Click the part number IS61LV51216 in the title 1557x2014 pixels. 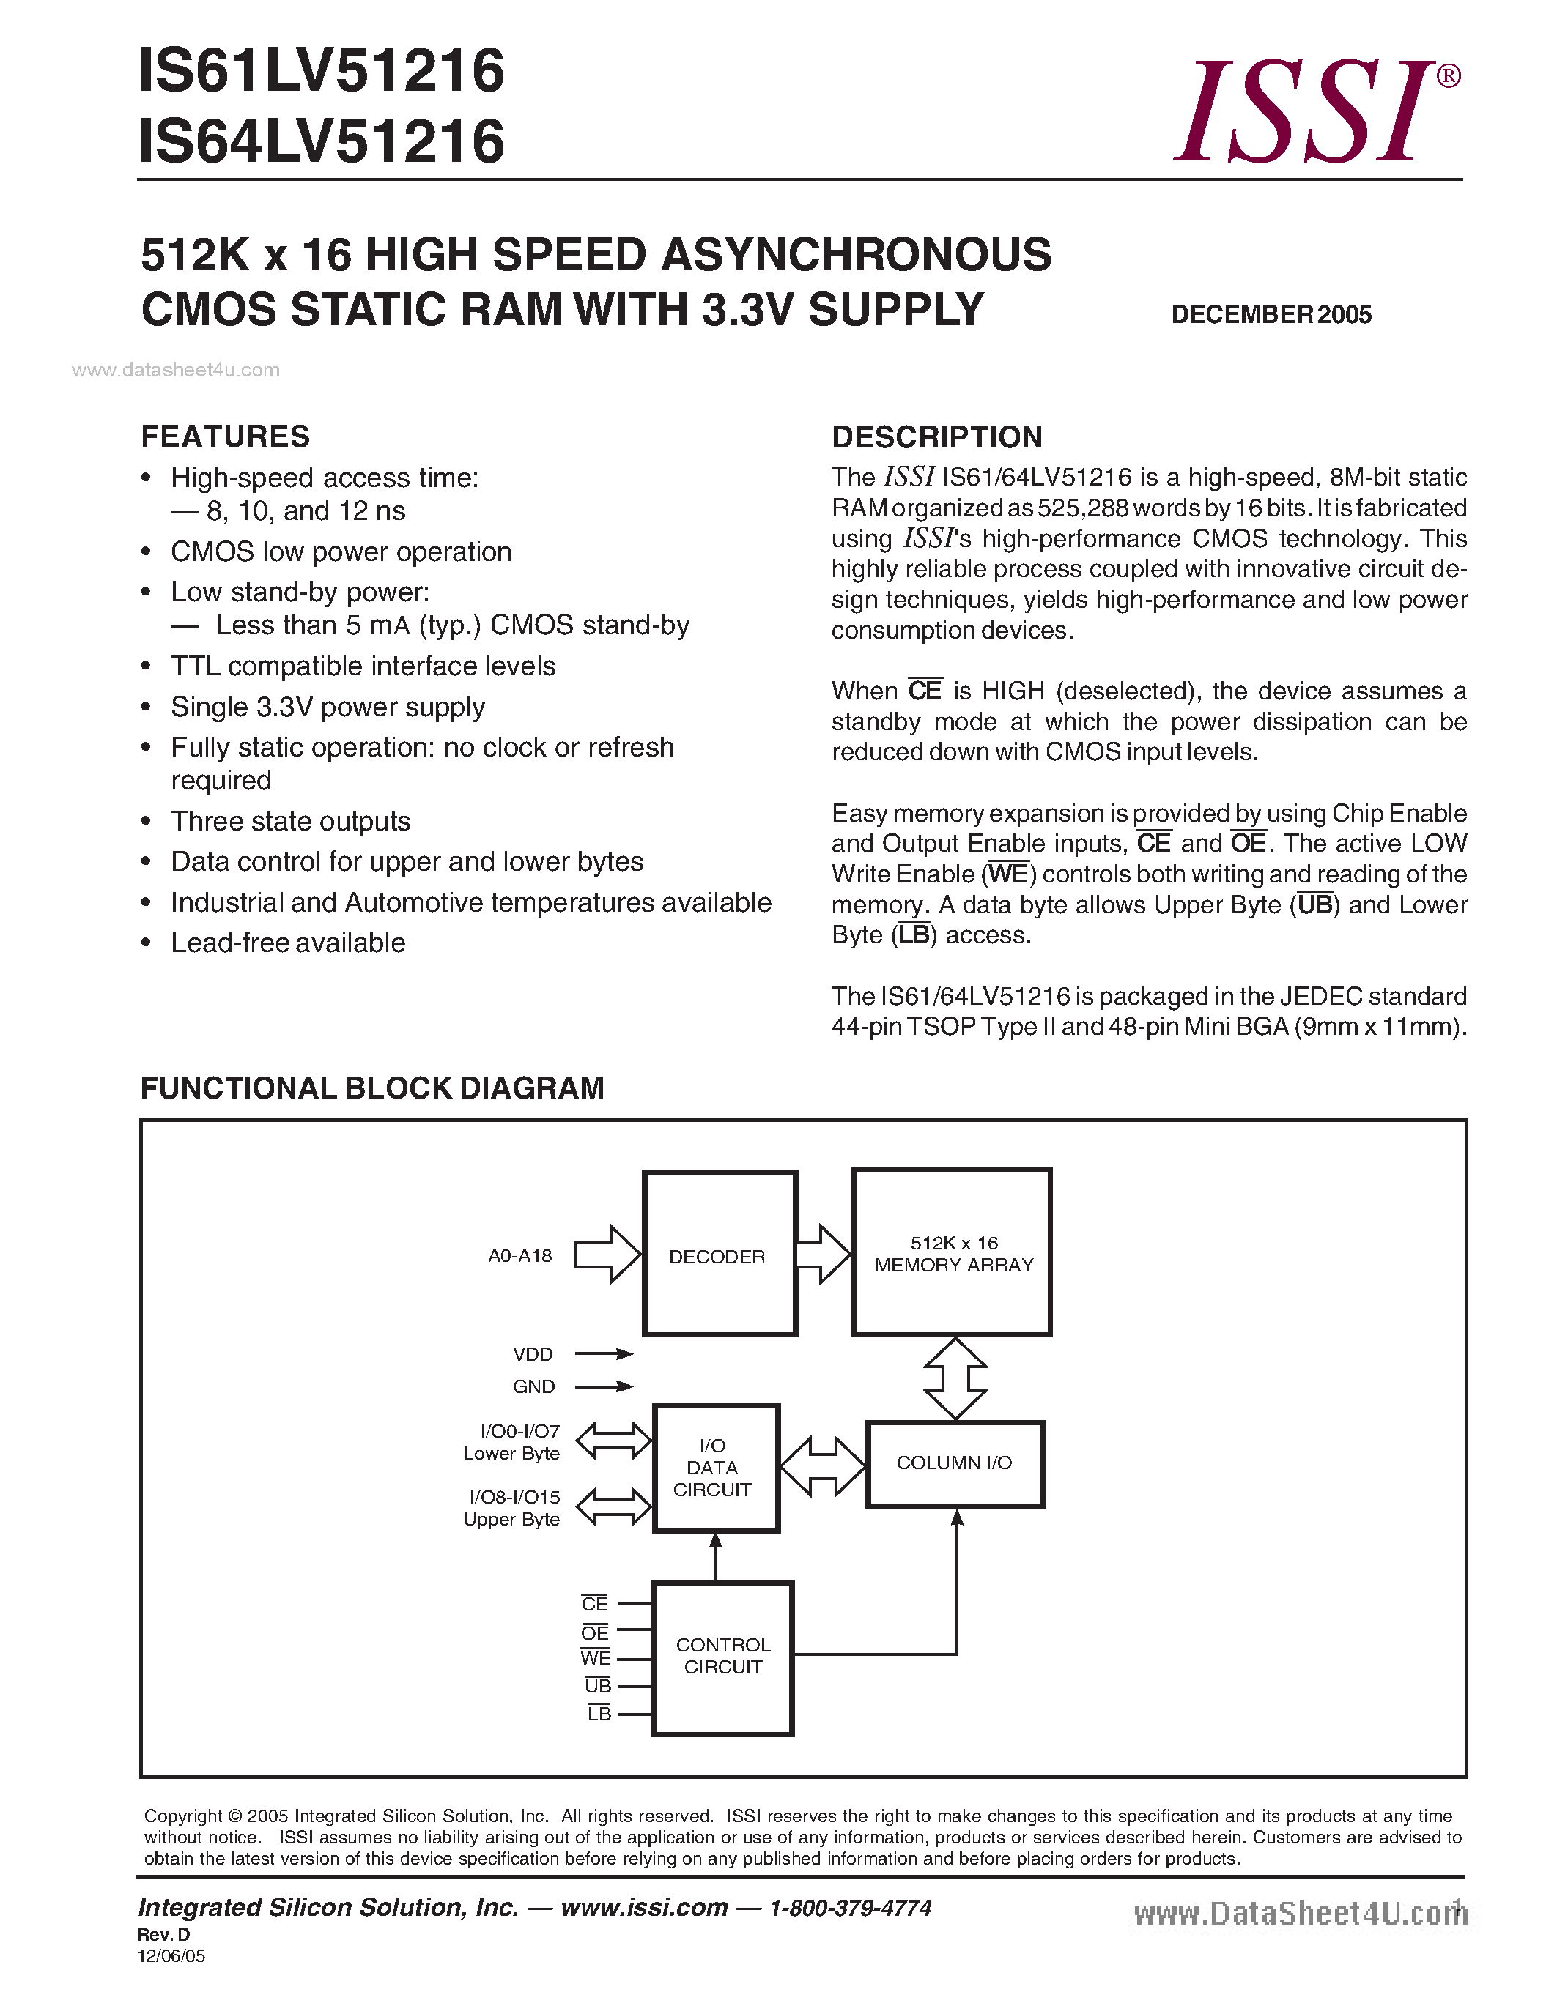point(321,71)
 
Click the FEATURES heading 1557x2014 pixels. point(225,436)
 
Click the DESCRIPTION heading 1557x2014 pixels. point(936,437)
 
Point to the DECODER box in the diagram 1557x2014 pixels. point(719,1254)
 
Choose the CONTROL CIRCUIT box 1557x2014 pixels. point(722,1657)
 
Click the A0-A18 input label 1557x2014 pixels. point(519,1256)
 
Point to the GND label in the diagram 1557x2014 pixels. point(533,1387)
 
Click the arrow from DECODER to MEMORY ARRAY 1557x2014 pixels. point(822,1254)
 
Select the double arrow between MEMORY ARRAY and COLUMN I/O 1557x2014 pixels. point(955,1378)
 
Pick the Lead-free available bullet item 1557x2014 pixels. point(288,943)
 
